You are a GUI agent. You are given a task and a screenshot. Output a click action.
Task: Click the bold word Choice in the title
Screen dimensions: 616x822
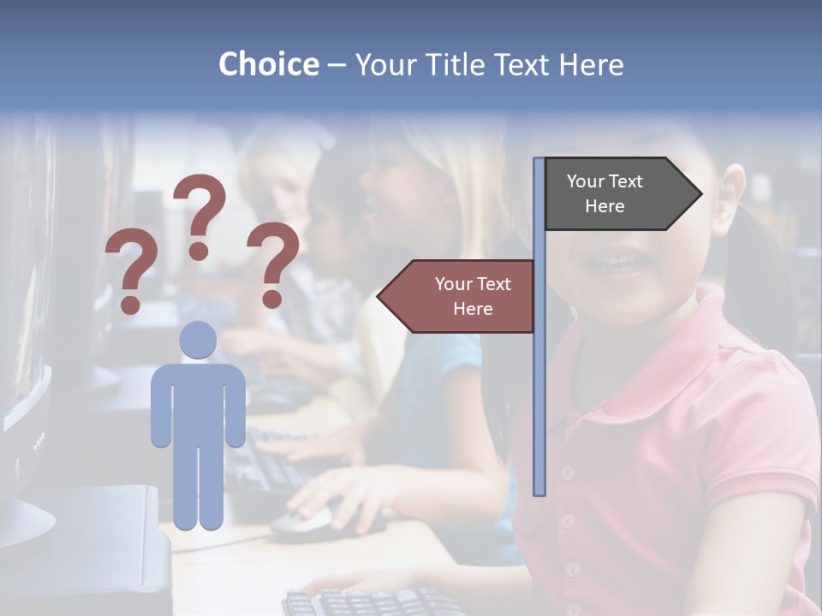coord(268,64)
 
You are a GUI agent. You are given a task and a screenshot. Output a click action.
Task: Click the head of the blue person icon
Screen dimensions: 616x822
coord(198,340)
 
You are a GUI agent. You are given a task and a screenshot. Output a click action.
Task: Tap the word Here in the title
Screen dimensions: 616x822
coord(591,64)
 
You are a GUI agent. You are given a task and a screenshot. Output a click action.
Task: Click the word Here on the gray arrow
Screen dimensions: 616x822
coord(605,206)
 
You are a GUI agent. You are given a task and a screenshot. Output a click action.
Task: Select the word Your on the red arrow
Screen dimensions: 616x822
coord(454,284)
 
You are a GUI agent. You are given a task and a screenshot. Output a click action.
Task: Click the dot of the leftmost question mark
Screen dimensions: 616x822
coord(130,304)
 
